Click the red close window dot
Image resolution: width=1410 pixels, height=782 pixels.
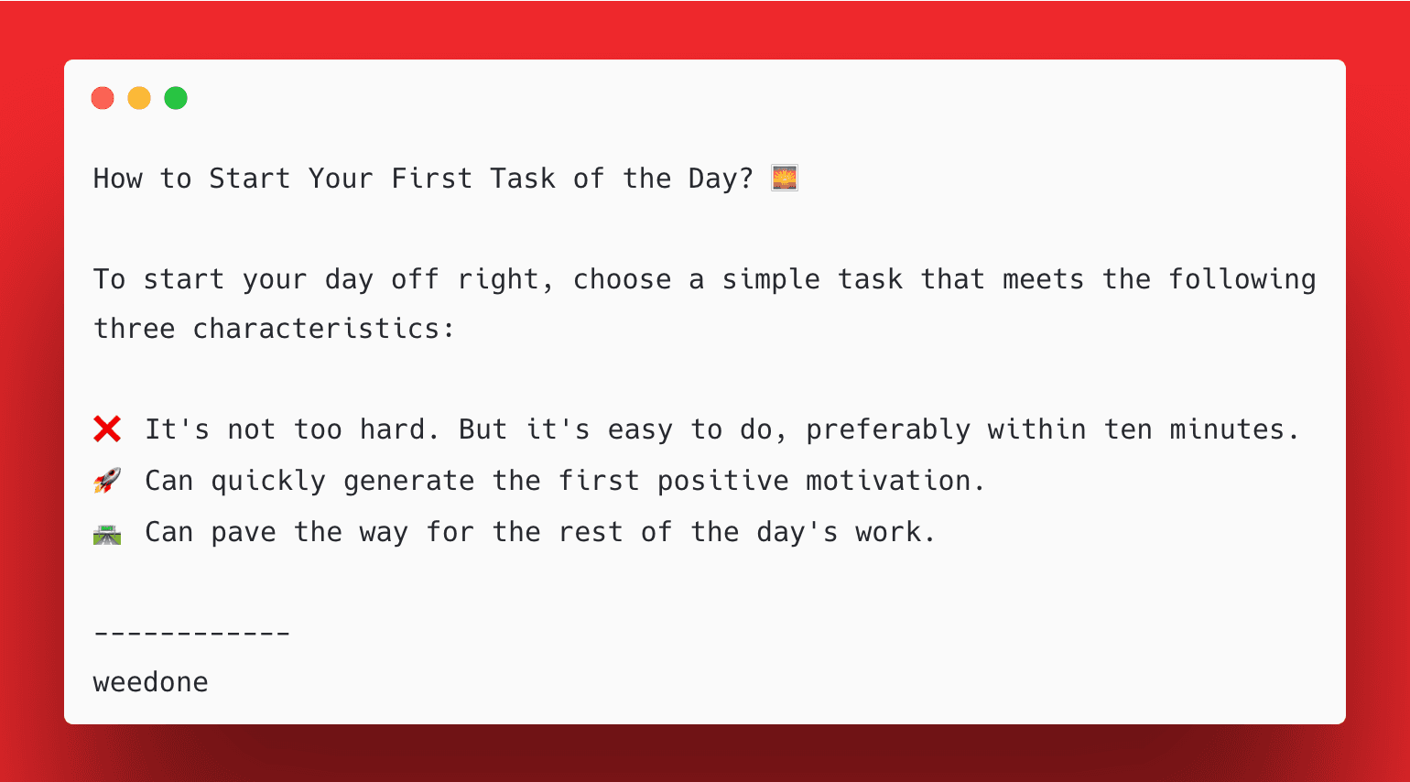[x=103, y=98]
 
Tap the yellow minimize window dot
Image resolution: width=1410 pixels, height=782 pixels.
[x=139, y=98]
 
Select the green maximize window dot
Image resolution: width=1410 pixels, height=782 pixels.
[x=176, y=98]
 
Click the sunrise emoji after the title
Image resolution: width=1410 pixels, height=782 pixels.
[x=785, y=178]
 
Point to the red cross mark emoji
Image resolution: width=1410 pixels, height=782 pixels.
[x=107, y=429]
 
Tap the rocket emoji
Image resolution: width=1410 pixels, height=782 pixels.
[x=107, y=480]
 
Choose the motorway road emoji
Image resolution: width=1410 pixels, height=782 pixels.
[x=107, y=533]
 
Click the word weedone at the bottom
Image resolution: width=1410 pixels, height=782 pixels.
[x=151, y=682]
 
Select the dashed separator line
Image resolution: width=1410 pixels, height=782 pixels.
[x=192, y=633]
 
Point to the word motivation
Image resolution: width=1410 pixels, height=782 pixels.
[x=887, y=481]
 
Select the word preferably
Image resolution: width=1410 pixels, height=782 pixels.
[x=887, y=429]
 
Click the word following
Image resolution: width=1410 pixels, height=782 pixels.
[x=1242, y=279]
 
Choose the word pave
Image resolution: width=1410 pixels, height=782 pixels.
[x=244, y=532]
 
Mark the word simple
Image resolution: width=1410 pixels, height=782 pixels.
[x=771, y=279]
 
